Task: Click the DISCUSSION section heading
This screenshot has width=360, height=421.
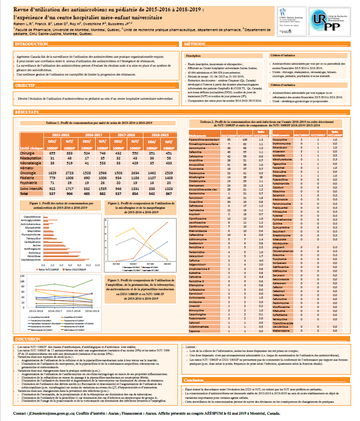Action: click(29, 340)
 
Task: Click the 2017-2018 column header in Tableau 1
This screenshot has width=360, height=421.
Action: click(125, 134)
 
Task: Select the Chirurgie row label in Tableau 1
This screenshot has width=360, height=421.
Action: click(28, 153)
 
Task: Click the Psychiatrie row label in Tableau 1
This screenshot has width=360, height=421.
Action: click(29, 183)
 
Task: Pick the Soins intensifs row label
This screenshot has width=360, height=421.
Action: click(32, 189)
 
